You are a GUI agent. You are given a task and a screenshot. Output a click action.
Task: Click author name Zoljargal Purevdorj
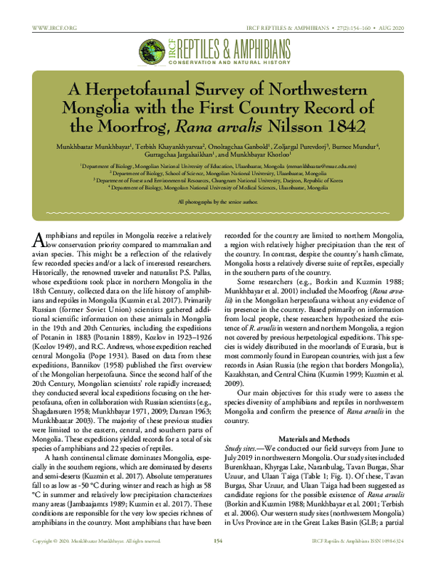click(x=294, y=145)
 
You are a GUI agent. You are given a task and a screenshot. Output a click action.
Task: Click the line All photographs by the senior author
click(x=217, y=200)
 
